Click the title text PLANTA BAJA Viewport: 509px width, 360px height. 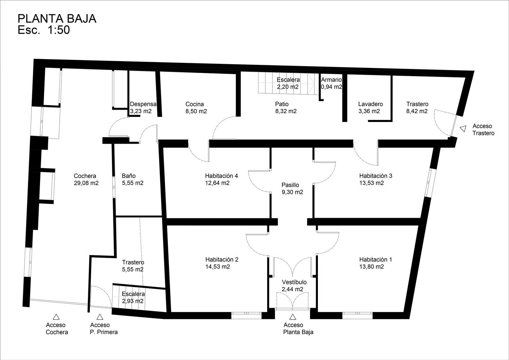57,19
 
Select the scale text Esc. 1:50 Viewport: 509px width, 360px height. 44,30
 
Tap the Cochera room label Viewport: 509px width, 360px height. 85,176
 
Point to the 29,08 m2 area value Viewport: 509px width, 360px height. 86,183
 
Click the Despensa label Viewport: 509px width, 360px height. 143,104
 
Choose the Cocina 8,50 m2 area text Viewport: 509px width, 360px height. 196,111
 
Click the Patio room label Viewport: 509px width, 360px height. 282,104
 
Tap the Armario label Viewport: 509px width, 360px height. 331,80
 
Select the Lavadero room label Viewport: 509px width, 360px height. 371,104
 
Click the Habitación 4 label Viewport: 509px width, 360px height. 222,176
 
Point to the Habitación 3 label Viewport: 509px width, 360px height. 376,176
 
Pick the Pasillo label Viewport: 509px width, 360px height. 290,185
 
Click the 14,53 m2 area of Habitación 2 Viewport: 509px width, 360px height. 218,267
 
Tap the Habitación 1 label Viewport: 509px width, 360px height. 376,259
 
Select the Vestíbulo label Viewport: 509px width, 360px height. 294,282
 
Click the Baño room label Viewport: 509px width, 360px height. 129,176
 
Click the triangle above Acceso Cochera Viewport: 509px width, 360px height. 56,317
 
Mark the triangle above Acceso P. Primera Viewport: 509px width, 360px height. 100,317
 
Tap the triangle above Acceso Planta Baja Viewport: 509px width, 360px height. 293,317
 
